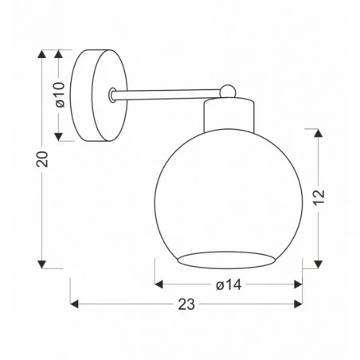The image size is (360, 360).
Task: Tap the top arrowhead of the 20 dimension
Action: click(x=42, y=55)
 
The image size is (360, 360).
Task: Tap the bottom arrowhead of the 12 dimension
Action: click(x=319, y=264)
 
